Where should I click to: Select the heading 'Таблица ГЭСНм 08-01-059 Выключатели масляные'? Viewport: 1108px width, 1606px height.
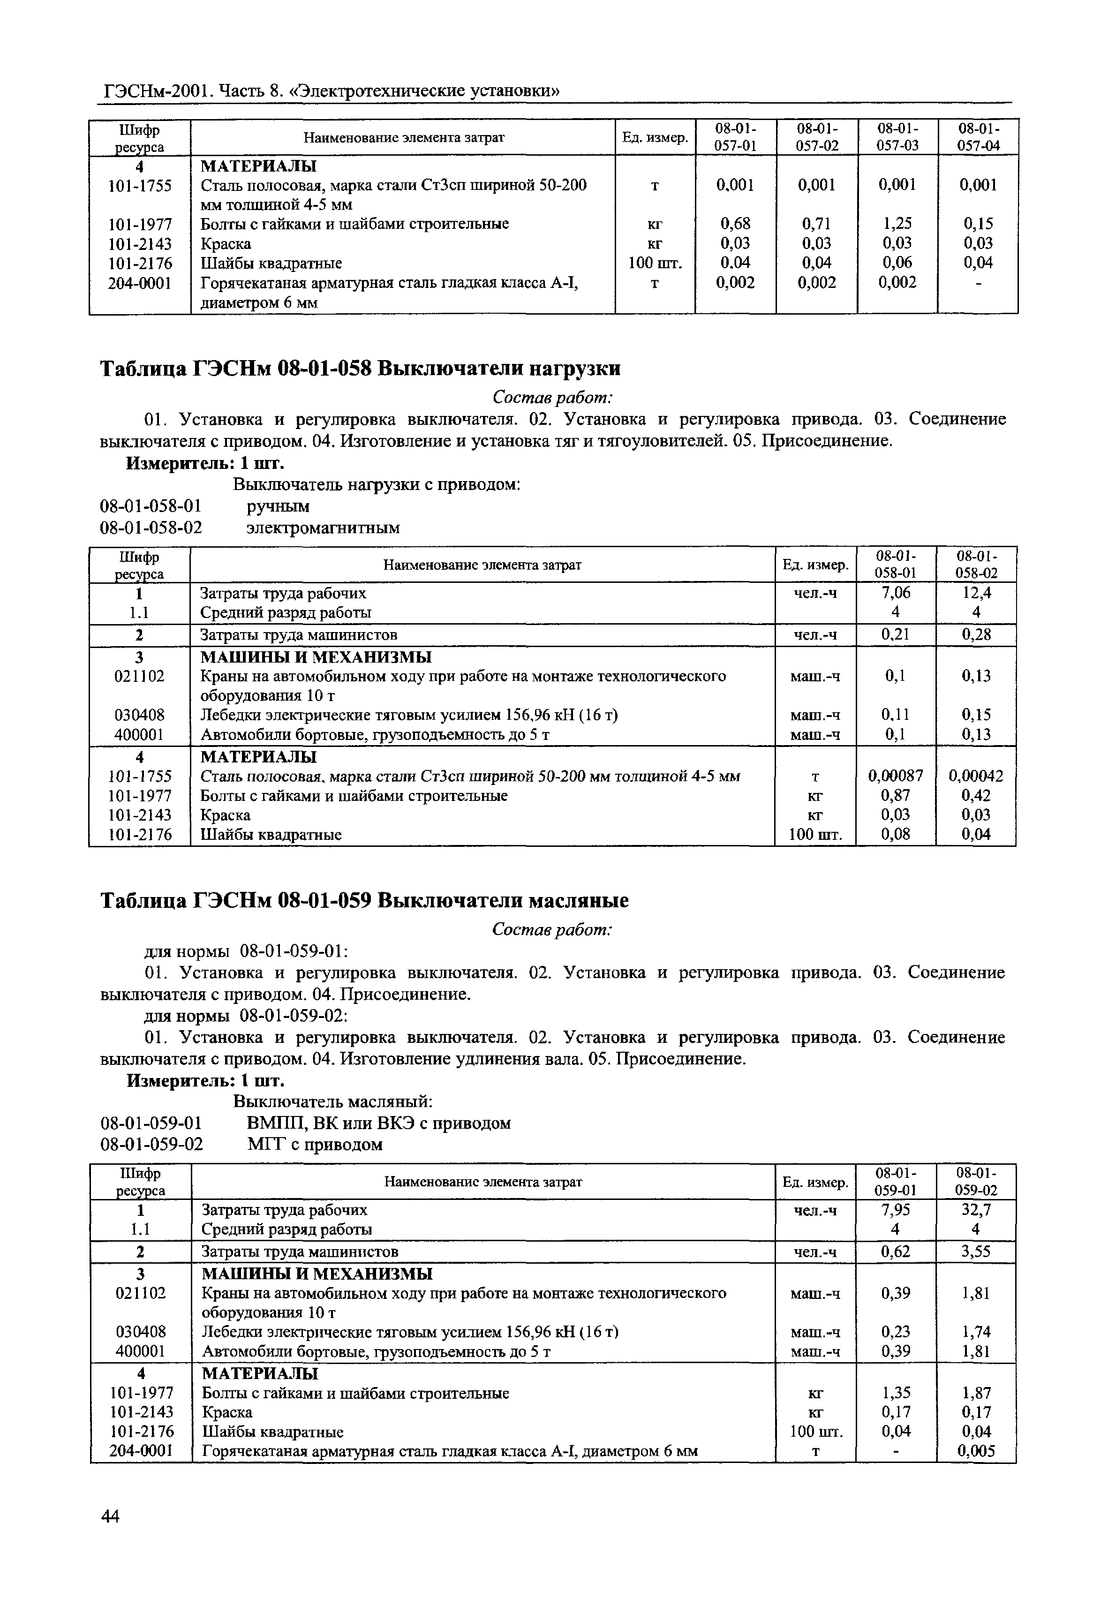pos(364,901)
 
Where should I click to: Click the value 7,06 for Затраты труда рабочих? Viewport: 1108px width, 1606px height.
pos(896,593)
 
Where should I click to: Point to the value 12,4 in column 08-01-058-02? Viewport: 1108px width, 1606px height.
pos(976,593)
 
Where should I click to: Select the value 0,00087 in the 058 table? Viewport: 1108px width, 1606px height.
pos(896,776)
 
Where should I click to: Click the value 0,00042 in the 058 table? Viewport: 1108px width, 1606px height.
pos(976,776)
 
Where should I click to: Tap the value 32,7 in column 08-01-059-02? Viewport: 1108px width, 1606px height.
pos(976,1210)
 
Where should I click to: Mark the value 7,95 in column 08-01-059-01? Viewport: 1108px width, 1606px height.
pos(896,1210)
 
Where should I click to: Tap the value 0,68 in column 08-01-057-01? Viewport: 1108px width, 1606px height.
pos(735,224)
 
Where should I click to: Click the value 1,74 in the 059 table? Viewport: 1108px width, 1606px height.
pos(976,1332)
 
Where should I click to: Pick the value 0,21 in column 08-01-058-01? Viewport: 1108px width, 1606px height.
pos(896,634)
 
